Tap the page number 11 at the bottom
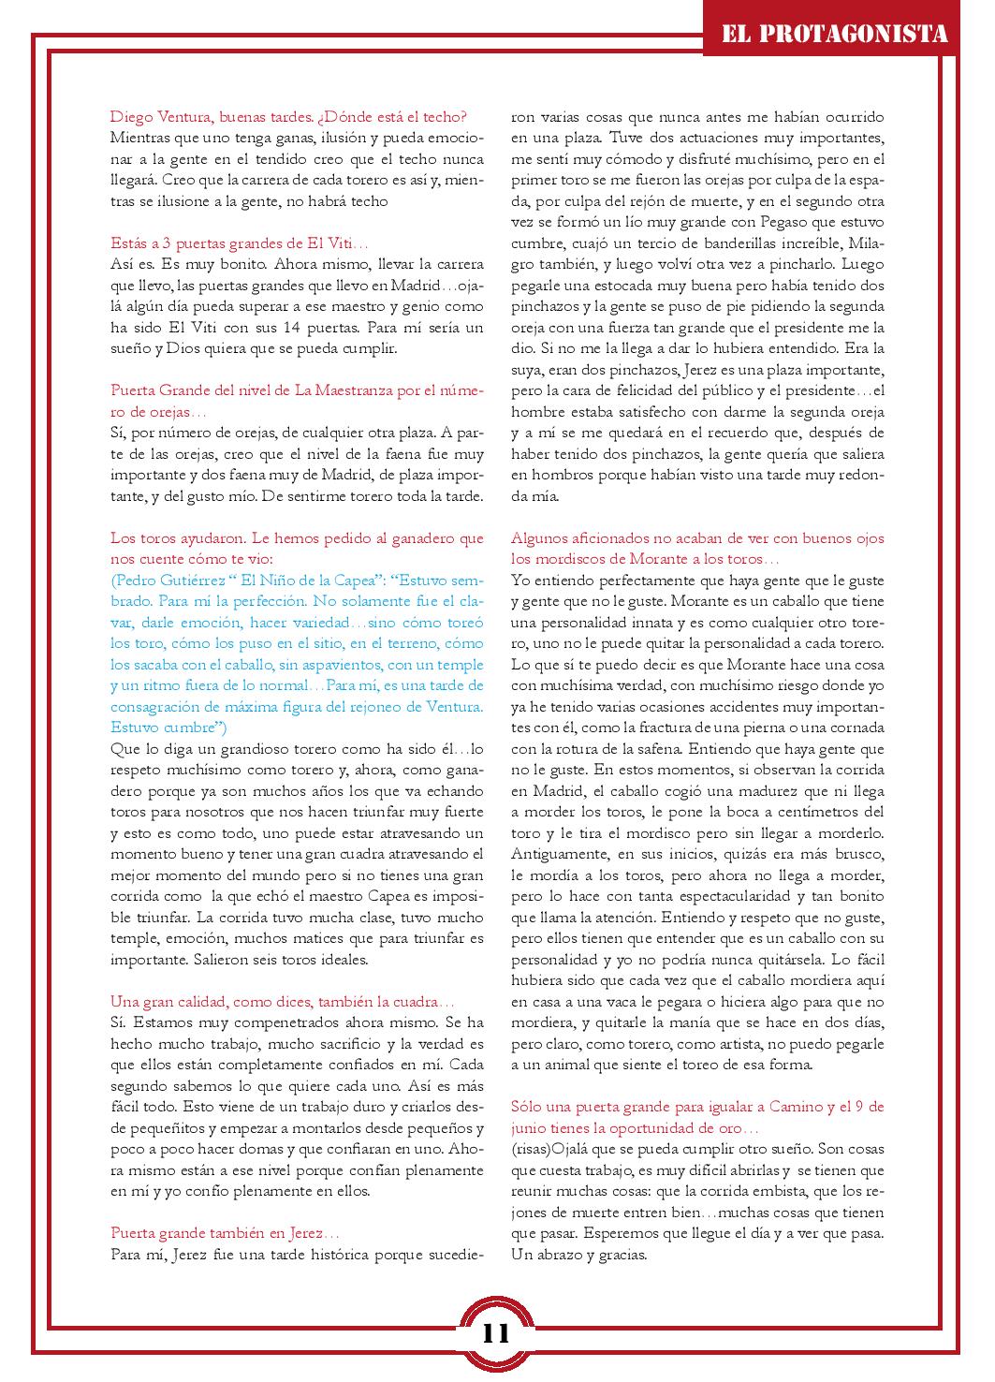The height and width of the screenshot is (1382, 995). (497, 1331)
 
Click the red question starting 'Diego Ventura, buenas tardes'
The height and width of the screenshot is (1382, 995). (288, 117)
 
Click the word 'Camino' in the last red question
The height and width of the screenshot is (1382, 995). (796, 1107)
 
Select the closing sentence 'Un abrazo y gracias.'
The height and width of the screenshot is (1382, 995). (578, 1255)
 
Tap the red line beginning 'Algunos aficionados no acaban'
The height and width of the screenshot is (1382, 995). (697, 538)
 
